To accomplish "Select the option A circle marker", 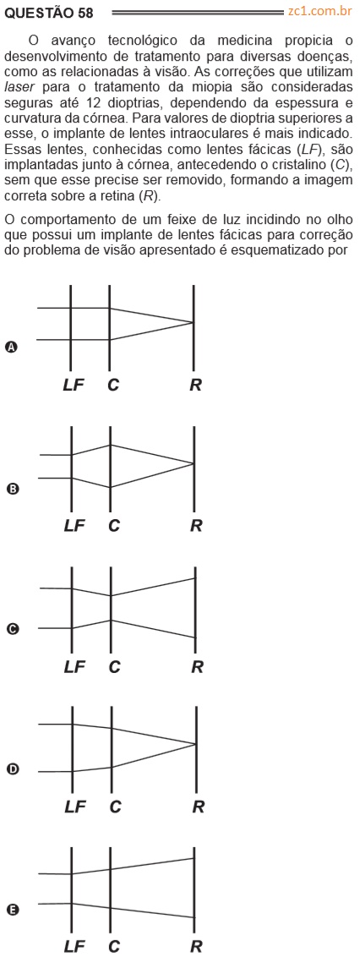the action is [x=10, y=347].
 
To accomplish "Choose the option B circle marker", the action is [x=10, y=490].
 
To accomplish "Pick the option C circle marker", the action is [x=10, y=628].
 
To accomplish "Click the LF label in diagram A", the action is [x=74, y=385].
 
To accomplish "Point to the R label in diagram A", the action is [x=195, y=385].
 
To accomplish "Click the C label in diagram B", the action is [x=113, y=526].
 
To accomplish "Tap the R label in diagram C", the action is [x=197, y=666].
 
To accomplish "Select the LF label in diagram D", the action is [x=75, y=807].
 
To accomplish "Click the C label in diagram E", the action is [x=113, y=946].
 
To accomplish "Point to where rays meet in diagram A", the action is [x=193, y=322].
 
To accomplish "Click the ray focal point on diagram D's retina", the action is [x=195, y=744].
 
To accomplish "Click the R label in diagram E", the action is [x=195, y=946].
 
